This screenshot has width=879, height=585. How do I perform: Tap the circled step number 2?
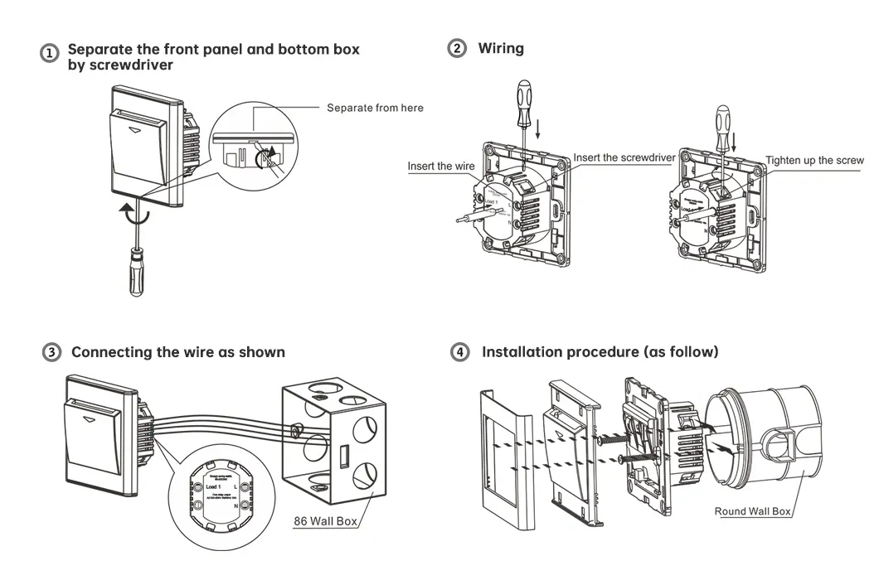457,48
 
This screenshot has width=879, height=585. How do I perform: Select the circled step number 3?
51,352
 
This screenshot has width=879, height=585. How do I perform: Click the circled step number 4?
459,352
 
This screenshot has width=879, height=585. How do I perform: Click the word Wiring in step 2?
501,48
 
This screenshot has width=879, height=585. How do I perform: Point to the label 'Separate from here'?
375,108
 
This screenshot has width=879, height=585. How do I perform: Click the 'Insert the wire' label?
441,167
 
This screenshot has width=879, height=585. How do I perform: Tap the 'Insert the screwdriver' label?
624,157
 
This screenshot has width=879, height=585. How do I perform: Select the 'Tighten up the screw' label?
814,161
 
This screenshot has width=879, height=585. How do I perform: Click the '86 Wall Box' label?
325,522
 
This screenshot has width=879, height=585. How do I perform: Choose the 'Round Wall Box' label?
752,511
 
